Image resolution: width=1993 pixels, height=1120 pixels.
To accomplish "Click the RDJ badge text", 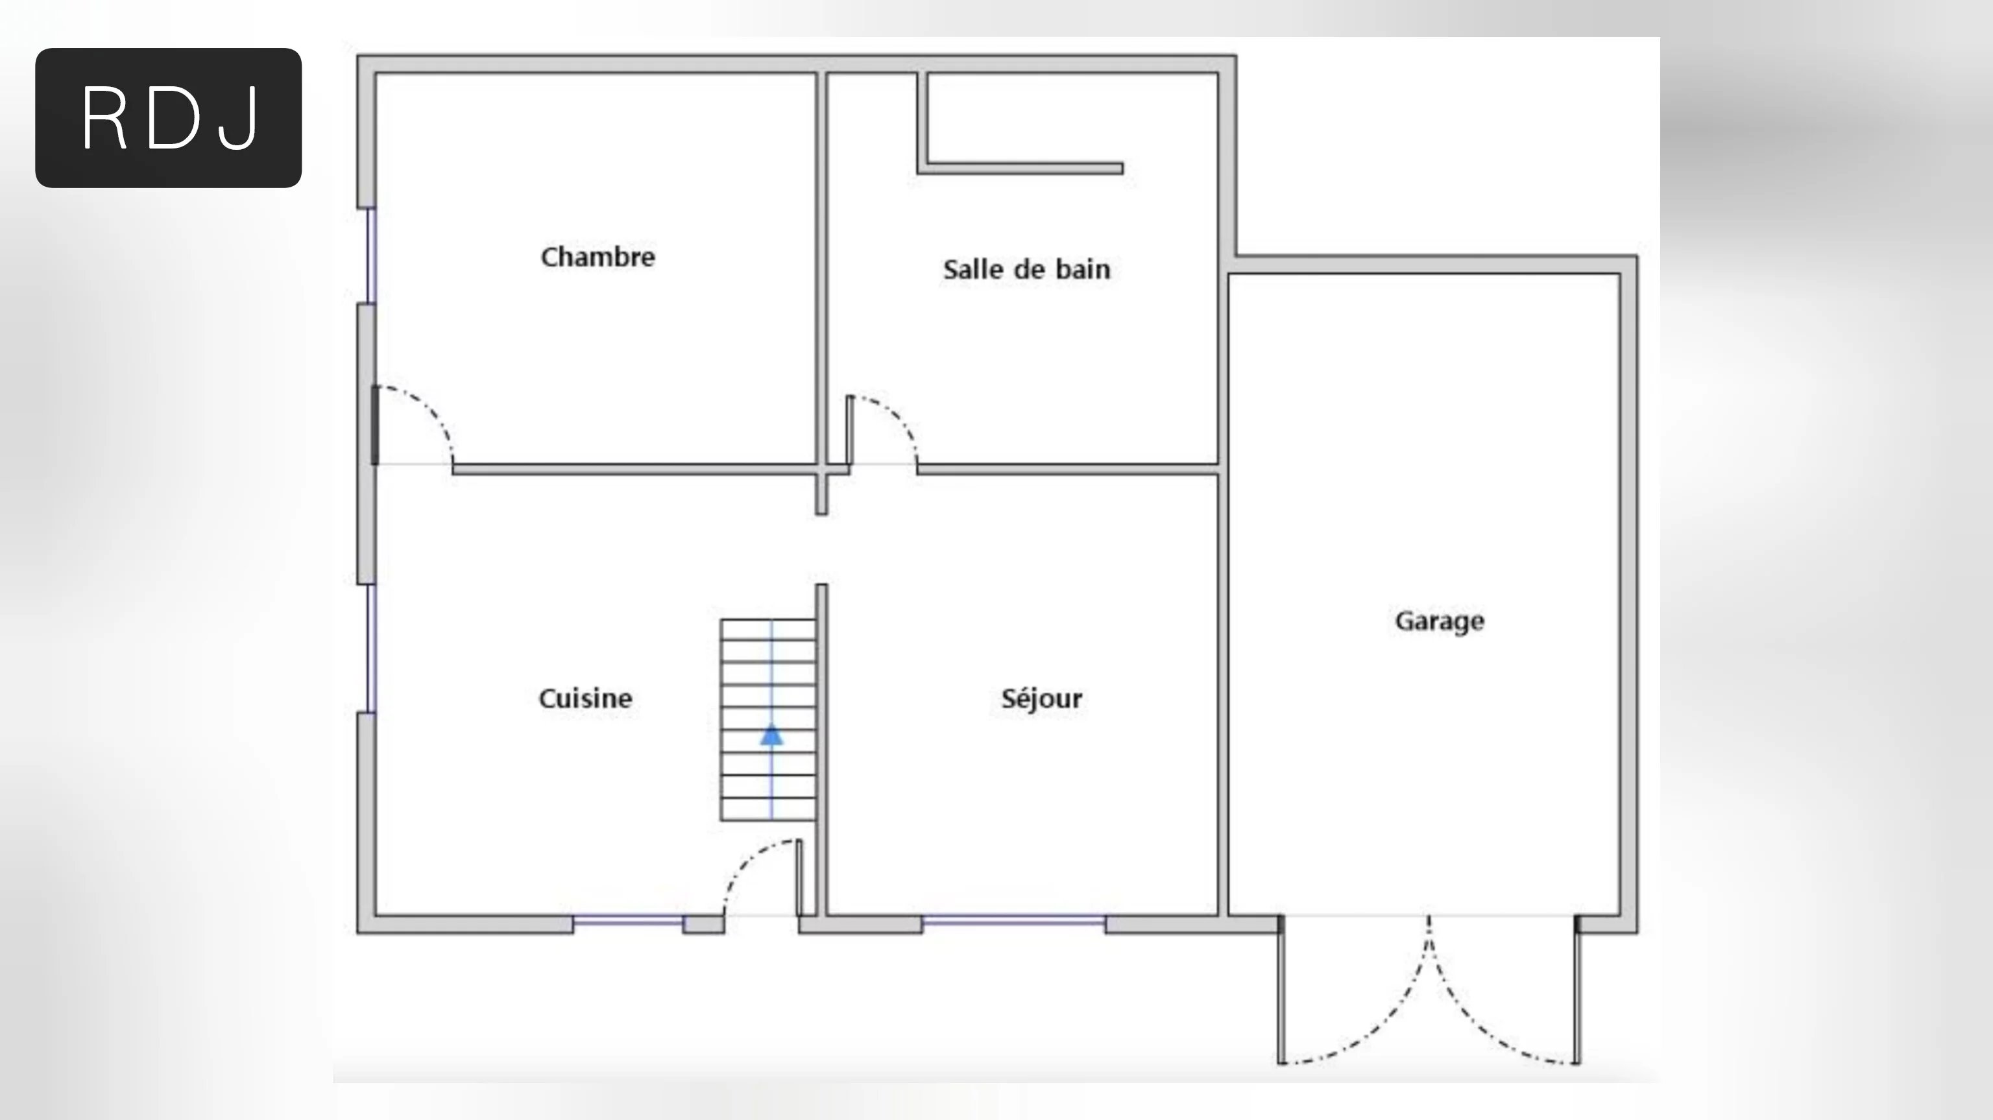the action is click(x=169, y=118).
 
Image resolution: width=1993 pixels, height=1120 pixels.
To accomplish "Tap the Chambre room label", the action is click(x=598, y=257).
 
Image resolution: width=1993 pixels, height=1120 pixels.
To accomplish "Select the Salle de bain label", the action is click(x=1026, y=269).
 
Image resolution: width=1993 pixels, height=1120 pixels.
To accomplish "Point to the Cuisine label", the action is click(x=585, y=698).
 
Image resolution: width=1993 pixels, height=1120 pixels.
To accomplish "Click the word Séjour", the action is click(x=1041, y=699).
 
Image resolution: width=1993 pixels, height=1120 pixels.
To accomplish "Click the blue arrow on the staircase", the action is click(x=771, y=735).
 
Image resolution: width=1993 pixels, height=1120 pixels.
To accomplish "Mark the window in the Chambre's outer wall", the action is click(x=371, y=256).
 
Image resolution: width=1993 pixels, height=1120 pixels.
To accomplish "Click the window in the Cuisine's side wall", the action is click(x=371, y=648).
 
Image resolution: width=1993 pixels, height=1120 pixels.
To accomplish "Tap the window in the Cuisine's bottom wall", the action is click(x=628, y=920).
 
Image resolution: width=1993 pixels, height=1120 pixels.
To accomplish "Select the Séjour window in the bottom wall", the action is click(x=1013, y=920).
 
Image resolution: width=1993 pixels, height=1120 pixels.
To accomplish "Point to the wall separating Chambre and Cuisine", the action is click(x=634, y=470).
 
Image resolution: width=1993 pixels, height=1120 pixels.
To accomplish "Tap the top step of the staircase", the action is click(x=768, y=630).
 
